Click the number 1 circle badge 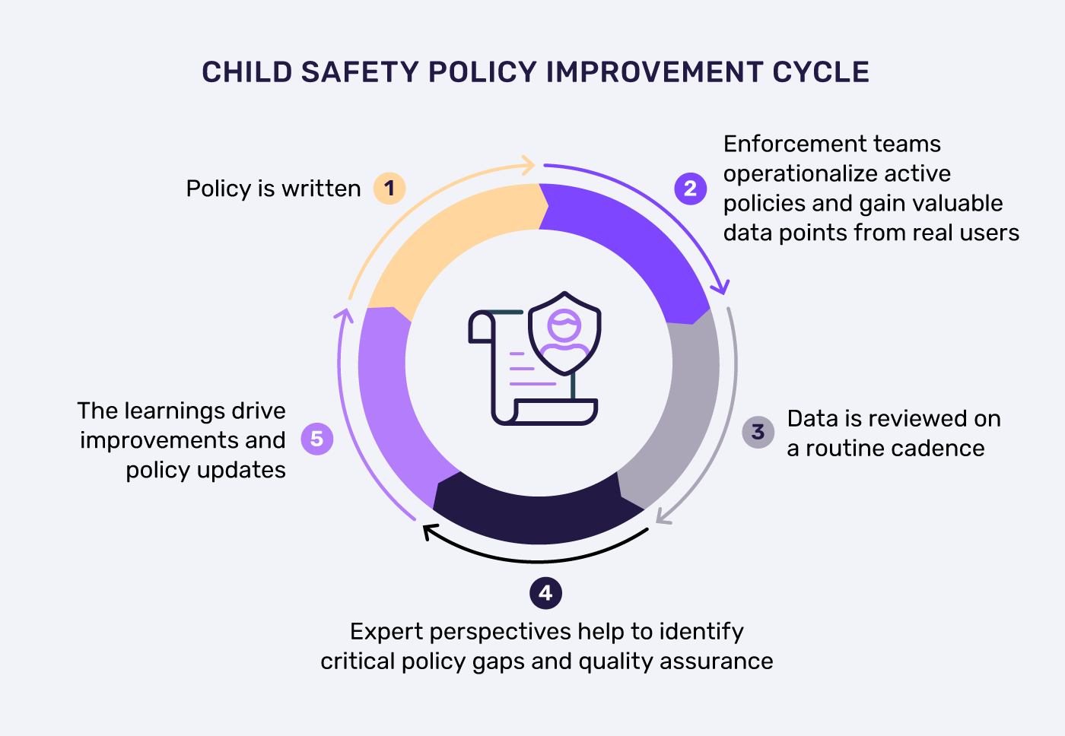coord(389,188)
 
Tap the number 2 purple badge coord(690,188)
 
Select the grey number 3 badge coord(758,432)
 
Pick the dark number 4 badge coord(545,593)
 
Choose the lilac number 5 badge coord(317,439)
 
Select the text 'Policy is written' coord(273,189)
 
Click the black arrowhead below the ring coord(429,531)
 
